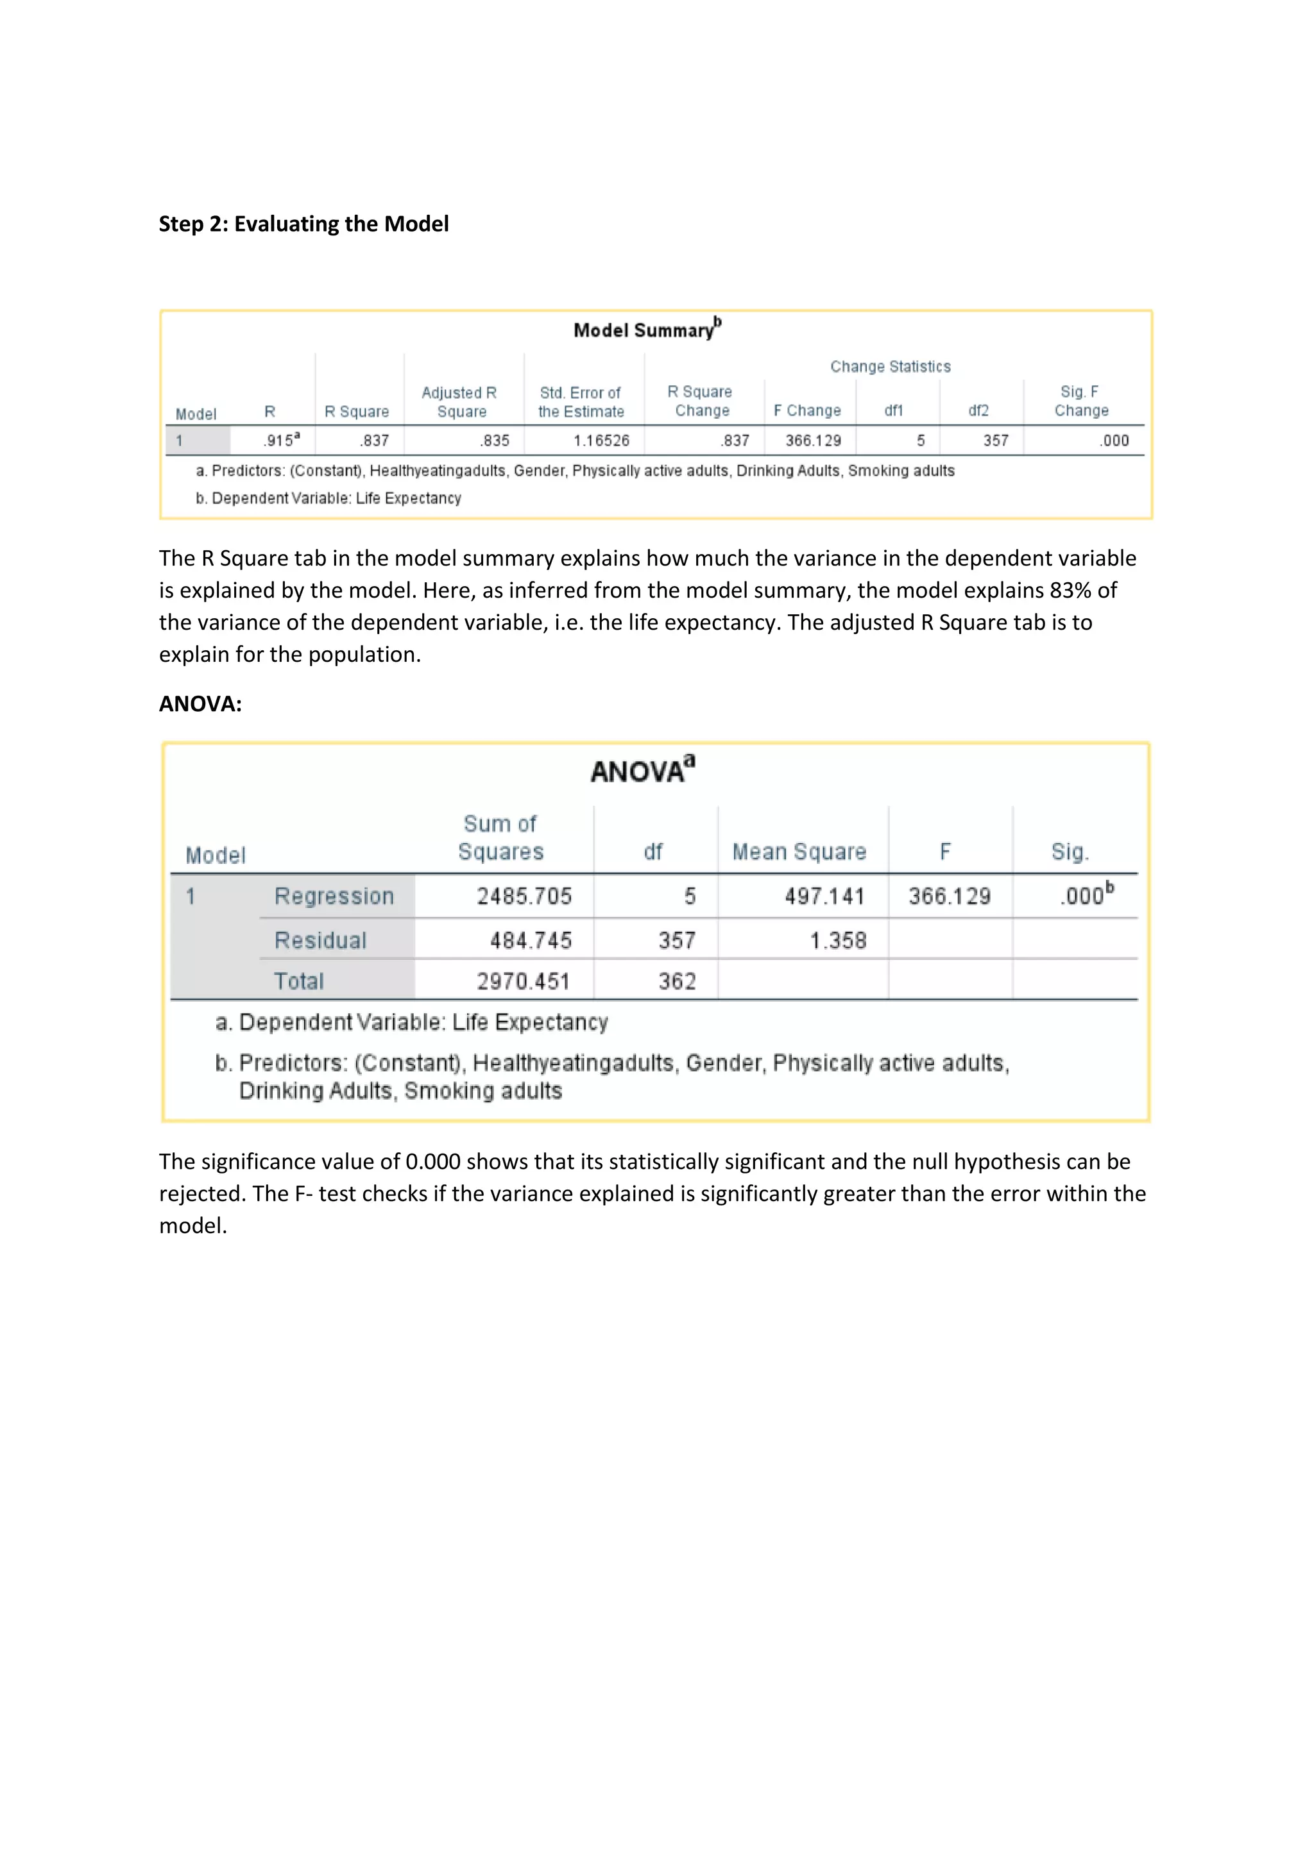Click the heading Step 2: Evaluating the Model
pyautogui.click(x=303, y=224)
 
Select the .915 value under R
pyautogui.click(x=279, y=440)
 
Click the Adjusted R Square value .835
pyautogui.click(x=495, y=441)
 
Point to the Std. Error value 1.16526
pyautogui.click(x=601, y=441)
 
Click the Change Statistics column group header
pyautogui.click(x=890, y=366)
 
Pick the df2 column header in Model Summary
pyautogui.click(x=978, y=411)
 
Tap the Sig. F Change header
pyautogui.click(x=1081, y=401)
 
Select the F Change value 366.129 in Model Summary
pyautogui.click(x=813, y=441)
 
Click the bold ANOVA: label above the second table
pyautogui.click(x=200, y=703)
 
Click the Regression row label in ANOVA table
pyautogui.click(x=334, y=896)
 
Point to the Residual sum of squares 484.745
pyautogui.click(x=530, y=940)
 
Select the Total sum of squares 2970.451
pyautogui.click(x=524, y=981)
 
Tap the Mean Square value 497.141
pyautogui.click(x=824, y=896)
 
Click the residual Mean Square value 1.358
pyautogui.click(x=838, y=940)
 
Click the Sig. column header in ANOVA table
pyautogui.click(x=1070, y=852)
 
